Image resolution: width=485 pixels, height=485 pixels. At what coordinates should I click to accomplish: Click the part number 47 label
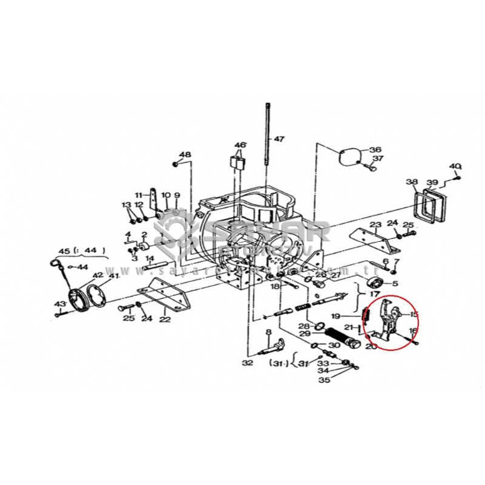pyautogui.click(x=278, y=139)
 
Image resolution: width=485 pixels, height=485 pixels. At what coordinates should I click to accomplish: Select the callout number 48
pyautogui.click(x=185, y=155)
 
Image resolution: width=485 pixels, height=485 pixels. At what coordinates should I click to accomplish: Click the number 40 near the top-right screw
pyautogui.click(x=455, y=166)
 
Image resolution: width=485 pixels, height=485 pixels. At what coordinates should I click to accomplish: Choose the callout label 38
pyautogui.click(x=412, y=182)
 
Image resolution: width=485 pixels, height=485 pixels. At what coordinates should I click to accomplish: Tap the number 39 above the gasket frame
pyautogui.click(x=432, y=182)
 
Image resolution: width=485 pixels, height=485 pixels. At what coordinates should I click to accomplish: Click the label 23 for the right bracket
pyautogui.click(x=376, y=225)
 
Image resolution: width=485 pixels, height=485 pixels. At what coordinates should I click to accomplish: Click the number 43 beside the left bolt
pyautogui.click(x=59, y=304)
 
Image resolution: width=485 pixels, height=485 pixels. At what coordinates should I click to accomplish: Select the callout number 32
pyautogui.click(x=247, y=363)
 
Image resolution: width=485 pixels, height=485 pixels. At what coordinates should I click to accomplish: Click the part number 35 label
pyautogui.click(x=325, y=380)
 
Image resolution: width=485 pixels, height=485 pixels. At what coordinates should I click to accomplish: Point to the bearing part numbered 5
pyautogui.click(x=375, y=286)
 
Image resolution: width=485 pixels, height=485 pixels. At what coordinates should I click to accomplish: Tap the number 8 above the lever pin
pyautogui.click(x=267, y=332)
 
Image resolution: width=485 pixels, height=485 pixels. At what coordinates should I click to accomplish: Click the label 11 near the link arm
pyautogui.click(x=139, y=195)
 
